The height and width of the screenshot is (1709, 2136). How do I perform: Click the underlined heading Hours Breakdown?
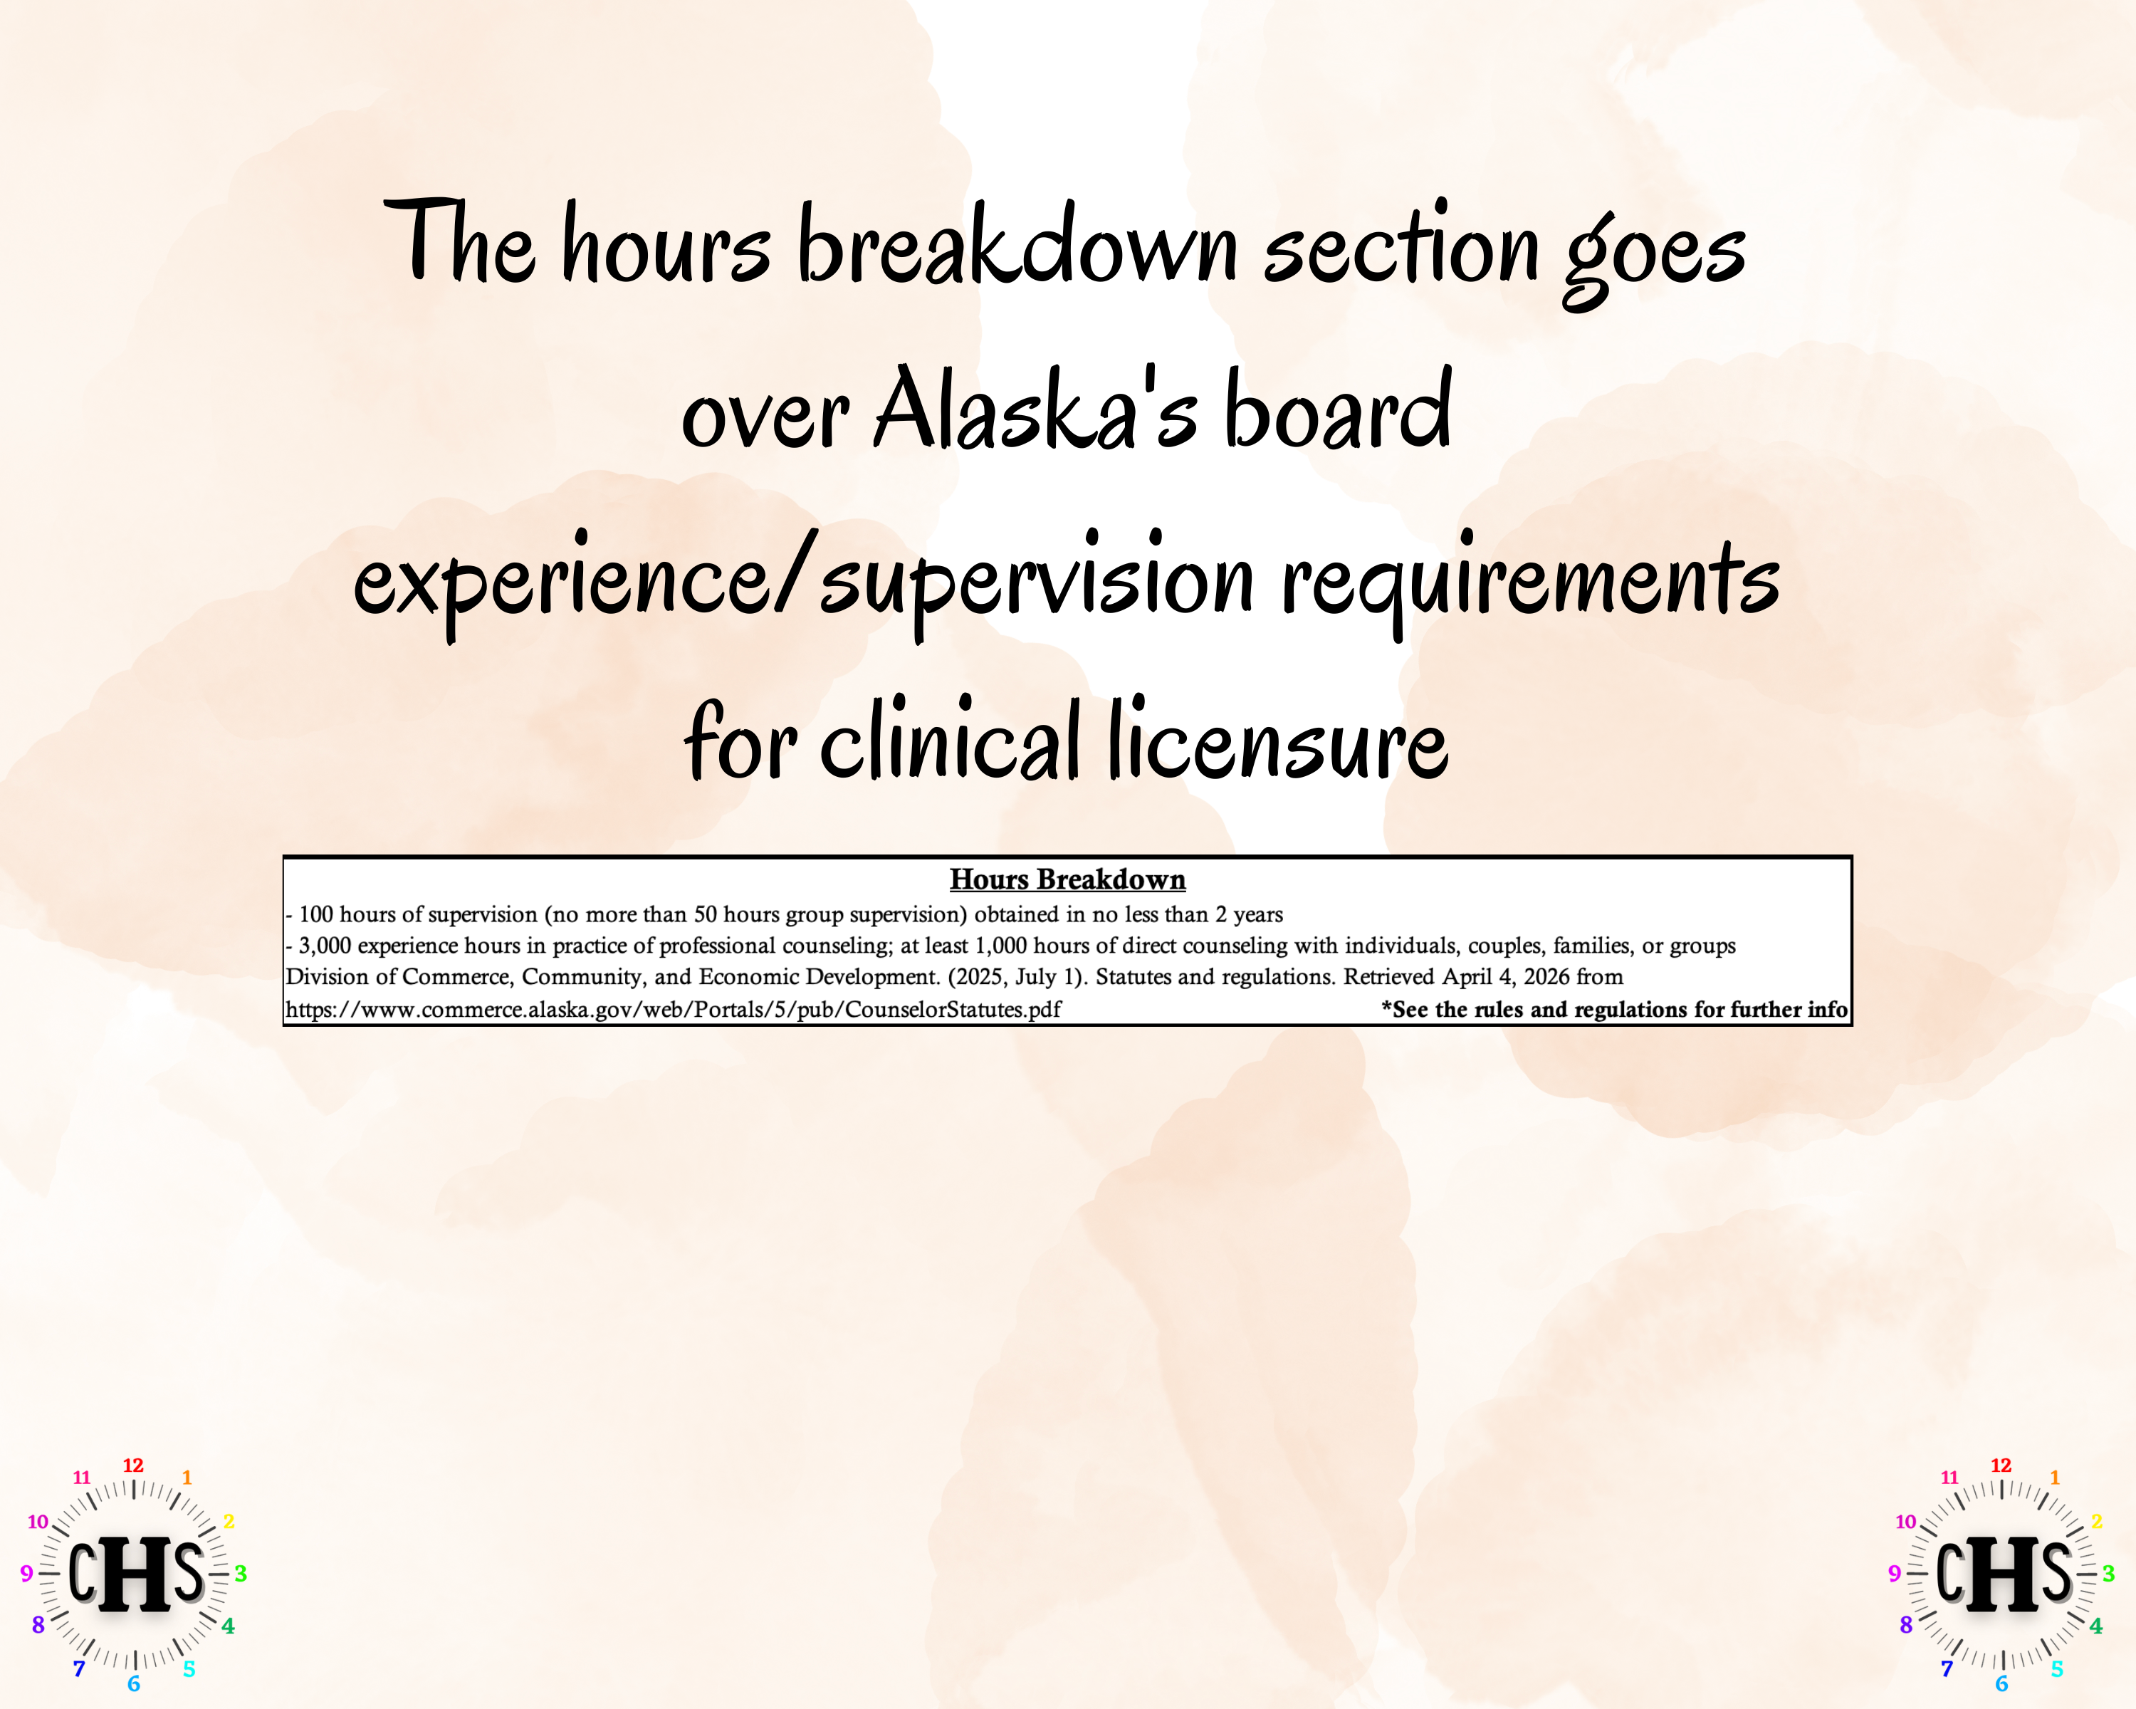coord(1067,879)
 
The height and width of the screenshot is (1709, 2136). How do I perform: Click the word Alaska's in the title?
coord(1035,411)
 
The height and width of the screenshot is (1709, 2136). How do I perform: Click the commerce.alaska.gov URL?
coord(673,1010)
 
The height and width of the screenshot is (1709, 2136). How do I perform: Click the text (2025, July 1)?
coord(1017,977)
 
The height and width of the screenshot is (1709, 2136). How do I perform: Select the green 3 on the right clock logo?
coord(2108,1573)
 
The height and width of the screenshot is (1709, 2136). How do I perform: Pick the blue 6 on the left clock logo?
coord(134,1684)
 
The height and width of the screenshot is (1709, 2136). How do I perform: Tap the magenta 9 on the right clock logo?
coord(1894,1573)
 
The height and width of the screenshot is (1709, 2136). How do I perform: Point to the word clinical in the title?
coord(948,741)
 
